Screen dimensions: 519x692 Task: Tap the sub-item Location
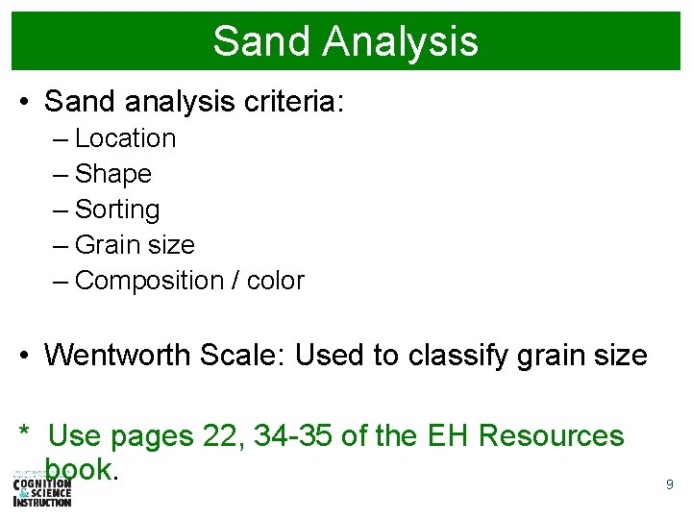click(x=125, y=138)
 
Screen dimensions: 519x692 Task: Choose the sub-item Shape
click(x=112, y=174)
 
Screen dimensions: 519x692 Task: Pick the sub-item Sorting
click(x=117, y=210)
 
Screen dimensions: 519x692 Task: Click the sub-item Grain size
click(x=135, y=245)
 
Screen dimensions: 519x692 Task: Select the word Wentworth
click(x=118, y=356)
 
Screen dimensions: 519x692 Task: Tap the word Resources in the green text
click(x=551, y=436)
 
